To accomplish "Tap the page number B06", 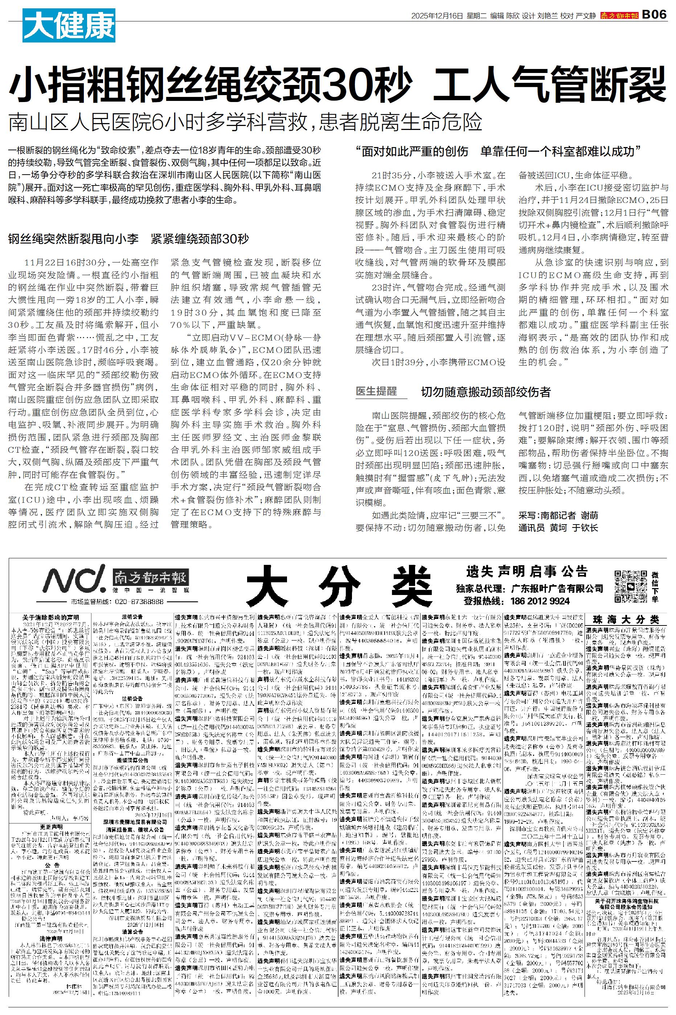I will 654,16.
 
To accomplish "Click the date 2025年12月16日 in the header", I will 437,16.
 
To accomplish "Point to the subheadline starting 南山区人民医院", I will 245,123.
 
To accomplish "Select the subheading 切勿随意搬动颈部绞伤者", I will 486,392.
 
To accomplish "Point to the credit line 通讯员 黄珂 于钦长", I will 558,528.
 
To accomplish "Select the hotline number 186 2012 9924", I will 540,601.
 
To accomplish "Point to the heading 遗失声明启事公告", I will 527,572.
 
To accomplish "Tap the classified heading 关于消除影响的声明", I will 51,618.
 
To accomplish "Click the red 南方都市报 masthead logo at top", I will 619,16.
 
